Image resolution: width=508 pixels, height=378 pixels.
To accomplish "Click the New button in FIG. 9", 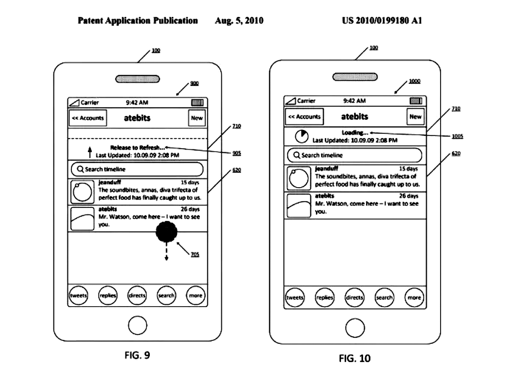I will (197, 118).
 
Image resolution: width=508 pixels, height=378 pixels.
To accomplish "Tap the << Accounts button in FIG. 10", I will (304, 117).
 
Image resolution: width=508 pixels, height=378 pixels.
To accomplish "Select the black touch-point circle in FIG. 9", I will (166, 232).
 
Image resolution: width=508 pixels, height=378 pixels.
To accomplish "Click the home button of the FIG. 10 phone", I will (355, 328).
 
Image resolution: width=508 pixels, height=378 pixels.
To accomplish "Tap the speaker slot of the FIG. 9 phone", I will (138, 79).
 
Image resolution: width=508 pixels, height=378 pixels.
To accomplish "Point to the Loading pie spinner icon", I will (302, 136).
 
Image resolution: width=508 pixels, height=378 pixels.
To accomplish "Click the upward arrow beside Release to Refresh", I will (90, 152).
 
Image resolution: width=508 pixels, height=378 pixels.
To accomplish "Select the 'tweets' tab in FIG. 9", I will (78, 295).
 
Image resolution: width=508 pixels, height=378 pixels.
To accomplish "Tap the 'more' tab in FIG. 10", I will (414, 297).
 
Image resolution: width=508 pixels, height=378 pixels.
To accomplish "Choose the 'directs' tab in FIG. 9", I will (137, 295).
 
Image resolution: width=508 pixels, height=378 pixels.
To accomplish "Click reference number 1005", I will (457, 136).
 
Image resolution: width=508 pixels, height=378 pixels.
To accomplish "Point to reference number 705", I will (195, 254).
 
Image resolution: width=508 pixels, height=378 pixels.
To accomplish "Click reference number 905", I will (237, 153).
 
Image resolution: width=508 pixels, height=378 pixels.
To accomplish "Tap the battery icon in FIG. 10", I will (416, 101).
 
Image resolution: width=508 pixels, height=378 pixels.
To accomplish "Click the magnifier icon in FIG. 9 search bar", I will (80, 169).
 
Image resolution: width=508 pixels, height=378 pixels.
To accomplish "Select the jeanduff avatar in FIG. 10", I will (299, 178).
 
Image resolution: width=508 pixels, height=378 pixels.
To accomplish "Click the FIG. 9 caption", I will (137, 355).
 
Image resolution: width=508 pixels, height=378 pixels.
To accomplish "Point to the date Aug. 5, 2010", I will (239, 20).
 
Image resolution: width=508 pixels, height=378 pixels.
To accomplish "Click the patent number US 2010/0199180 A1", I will (382, 20).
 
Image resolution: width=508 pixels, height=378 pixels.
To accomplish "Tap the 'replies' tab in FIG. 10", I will (325, 297).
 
